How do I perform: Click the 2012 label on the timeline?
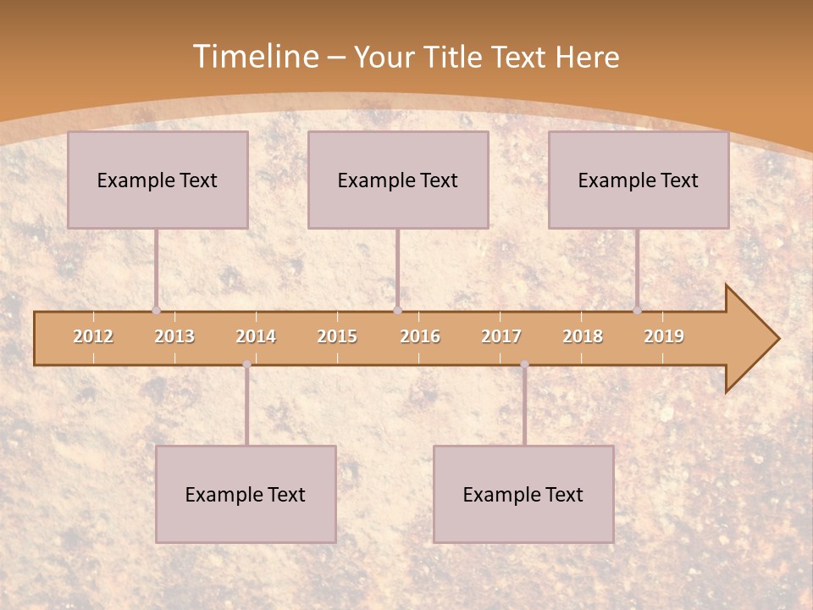[93, 336]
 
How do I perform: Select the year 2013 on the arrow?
[174, 336]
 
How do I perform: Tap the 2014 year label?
[256, 336]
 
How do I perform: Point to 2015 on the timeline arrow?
[337, 336]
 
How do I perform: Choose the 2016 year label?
[420, 336]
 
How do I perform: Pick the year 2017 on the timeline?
[501, 336]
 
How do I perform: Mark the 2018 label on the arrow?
[583, 336]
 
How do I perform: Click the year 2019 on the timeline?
[664, 336]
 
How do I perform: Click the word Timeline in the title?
[254, 57]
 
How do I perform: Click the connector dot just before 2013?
[156, 310]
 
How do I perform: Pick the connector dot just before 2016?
[397, 310]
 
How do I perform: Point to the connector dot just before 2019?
[637, 310]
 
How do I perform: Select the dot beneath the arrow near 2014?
[246, 364]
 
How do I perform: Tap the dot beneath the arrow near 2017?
[524, 364]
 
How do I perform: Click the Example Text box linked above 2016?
[398, 180]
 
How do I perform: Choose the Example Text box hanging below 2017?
[523, 494]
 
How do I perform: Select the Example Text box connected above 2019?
[639, 180]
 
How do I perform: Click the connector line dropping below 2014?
[246, 407]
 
